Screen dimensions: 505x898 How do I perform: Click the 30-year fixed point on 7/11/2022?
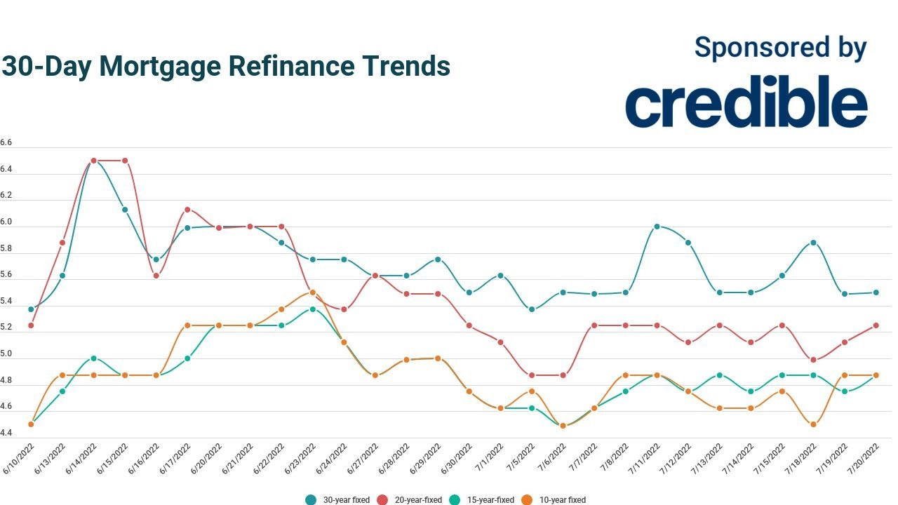coord(657,227)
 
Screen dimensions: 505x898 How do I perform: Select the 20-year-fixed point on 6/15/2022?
coord(125,161)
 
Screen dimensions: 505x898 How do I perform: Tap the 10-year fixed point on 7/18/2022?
coord(813,424)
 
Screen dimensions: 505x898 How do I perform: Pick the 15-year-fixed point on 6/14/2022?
coord(93,358)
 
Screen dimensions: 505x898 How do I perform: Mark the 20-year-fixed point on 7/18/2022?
coord(813,360)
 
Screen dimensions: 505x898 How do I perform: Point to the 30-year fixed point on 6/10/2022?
coord(31,309)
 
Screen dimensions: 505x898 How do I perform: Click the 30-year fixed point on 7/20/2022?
coord(876,292)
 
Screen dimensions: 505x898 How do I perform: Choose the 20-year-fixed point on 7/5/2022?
coord(532,375)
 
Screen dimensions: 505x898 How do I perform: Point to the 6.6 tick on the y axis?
coord(6,142)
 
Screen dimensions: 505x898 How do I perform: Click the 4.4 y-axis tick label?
coord(6,433)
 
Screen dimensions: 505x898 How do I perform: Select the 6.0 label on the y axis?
coord(6,222)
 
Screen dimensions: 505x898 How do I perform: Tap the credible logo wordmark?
coord(746,102)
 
